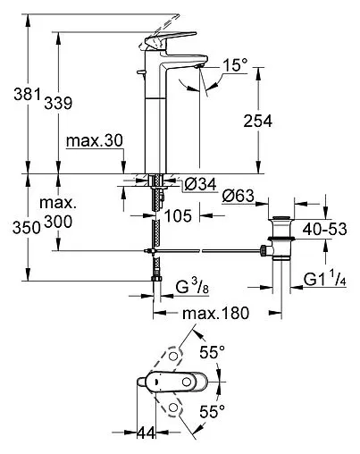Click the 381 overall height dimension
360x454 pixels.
click(17, 93)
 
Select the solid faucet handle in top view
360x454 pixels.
click(175, 383)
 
